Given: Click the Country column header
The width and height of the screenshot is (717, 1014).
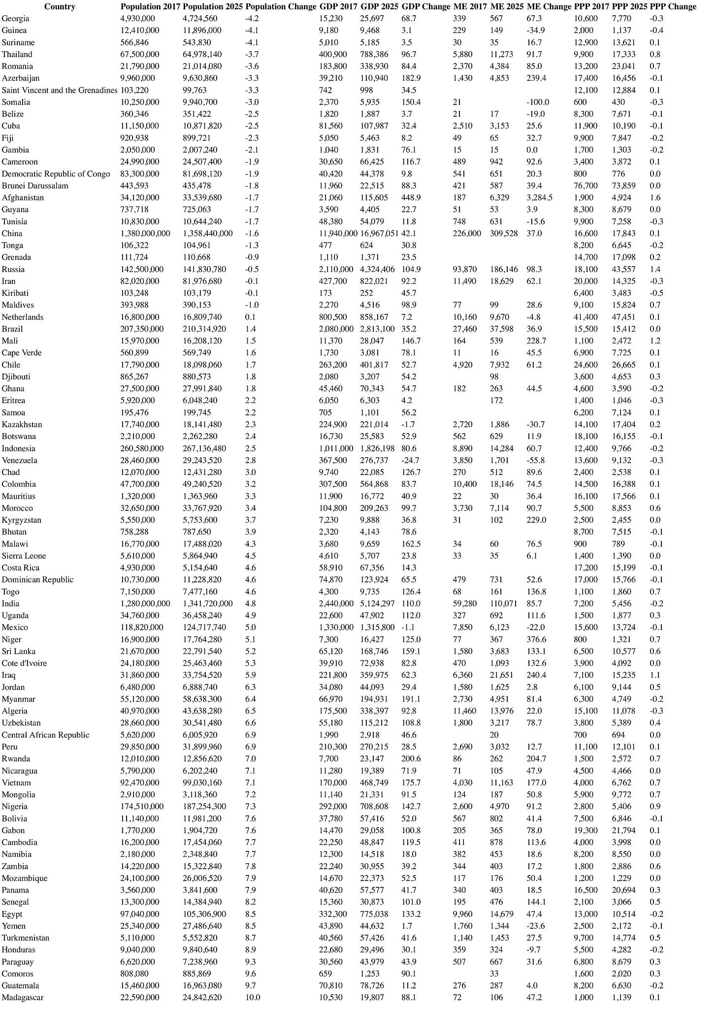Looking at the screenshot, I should click(60, 6).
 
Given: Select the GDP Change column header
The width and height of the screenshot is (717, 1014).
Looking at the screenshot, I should click(426, 6).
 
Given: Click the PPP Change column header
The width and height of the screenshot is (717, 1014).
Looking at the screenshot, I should click(673, 6).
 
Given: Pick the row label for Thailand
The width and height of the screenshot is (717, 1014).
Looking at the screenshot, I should click(17, 54).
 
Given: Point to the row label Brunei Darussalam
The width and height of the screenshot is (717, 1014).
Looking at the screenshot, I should click(35, 186).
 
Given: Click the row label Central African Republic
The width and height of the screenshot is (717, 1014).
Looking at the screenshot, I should click(45, 735).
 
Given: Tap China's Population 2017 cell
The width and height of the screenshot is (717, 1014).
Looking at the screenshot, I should click(145, 234).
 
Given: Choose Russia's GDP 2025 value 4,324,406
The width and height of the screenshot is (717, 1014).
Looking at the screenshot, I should click(379, 269).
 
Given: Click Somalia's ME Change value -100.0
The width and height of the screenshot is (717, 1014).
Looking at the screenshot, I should click(537, 102).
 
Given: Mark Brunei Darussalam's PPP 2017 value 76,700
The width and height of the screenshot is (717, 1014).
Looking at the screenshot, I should click(586, 186).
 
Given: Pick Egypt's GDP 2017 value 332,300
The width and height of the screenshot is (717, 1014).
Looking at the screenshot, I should click(333, 914).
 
